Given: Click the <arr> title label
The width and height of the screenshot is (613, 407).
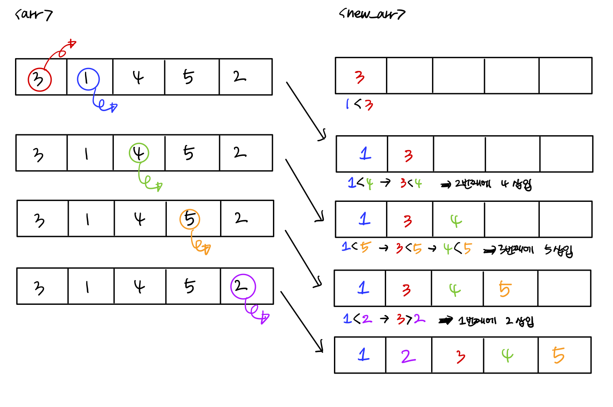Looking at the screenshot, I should (34, 15).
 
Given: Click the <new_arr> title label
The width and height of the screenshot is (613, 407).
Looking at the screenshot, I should (372, 14).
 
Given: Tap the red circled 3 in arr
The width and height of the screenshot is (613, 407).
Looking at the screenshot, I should (39, 79).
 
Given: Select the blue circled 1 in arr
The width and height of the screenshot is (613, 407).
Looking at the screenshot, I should (88, 79).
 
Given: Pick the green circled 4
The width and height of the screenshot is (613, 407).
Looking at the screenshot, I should (139, 153).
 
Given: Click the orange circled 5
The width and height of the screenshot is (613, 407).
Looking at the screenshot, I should (190, 219).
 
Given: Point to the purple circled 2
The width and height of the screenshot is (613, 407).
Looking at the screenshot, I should (243, 286).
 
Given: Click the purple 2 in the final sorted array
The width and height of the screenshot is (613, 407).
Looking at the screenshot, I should (408, 356).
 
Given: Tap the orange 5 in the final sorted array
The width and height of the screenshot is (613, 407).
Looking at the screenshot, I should (558, 355).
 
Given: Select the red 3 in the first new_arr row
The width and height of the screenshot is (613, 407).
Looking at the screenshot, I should (360, 77).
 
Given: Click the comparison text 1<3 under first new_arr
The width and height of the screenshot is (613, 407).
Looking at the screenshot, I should (359, 105).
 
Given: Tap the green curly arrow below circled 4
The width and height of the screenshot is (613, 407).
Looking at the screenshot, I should (149, 182).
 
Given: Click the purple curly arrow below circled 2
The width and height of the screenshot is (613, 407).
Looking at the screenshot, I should (256, 312).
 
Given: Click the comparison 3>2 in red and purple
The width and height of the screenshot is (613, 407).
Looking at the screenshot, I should (411, 319).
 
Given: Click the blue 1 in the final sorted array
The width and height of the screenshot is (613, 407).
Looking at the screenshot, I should (364, 354).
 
